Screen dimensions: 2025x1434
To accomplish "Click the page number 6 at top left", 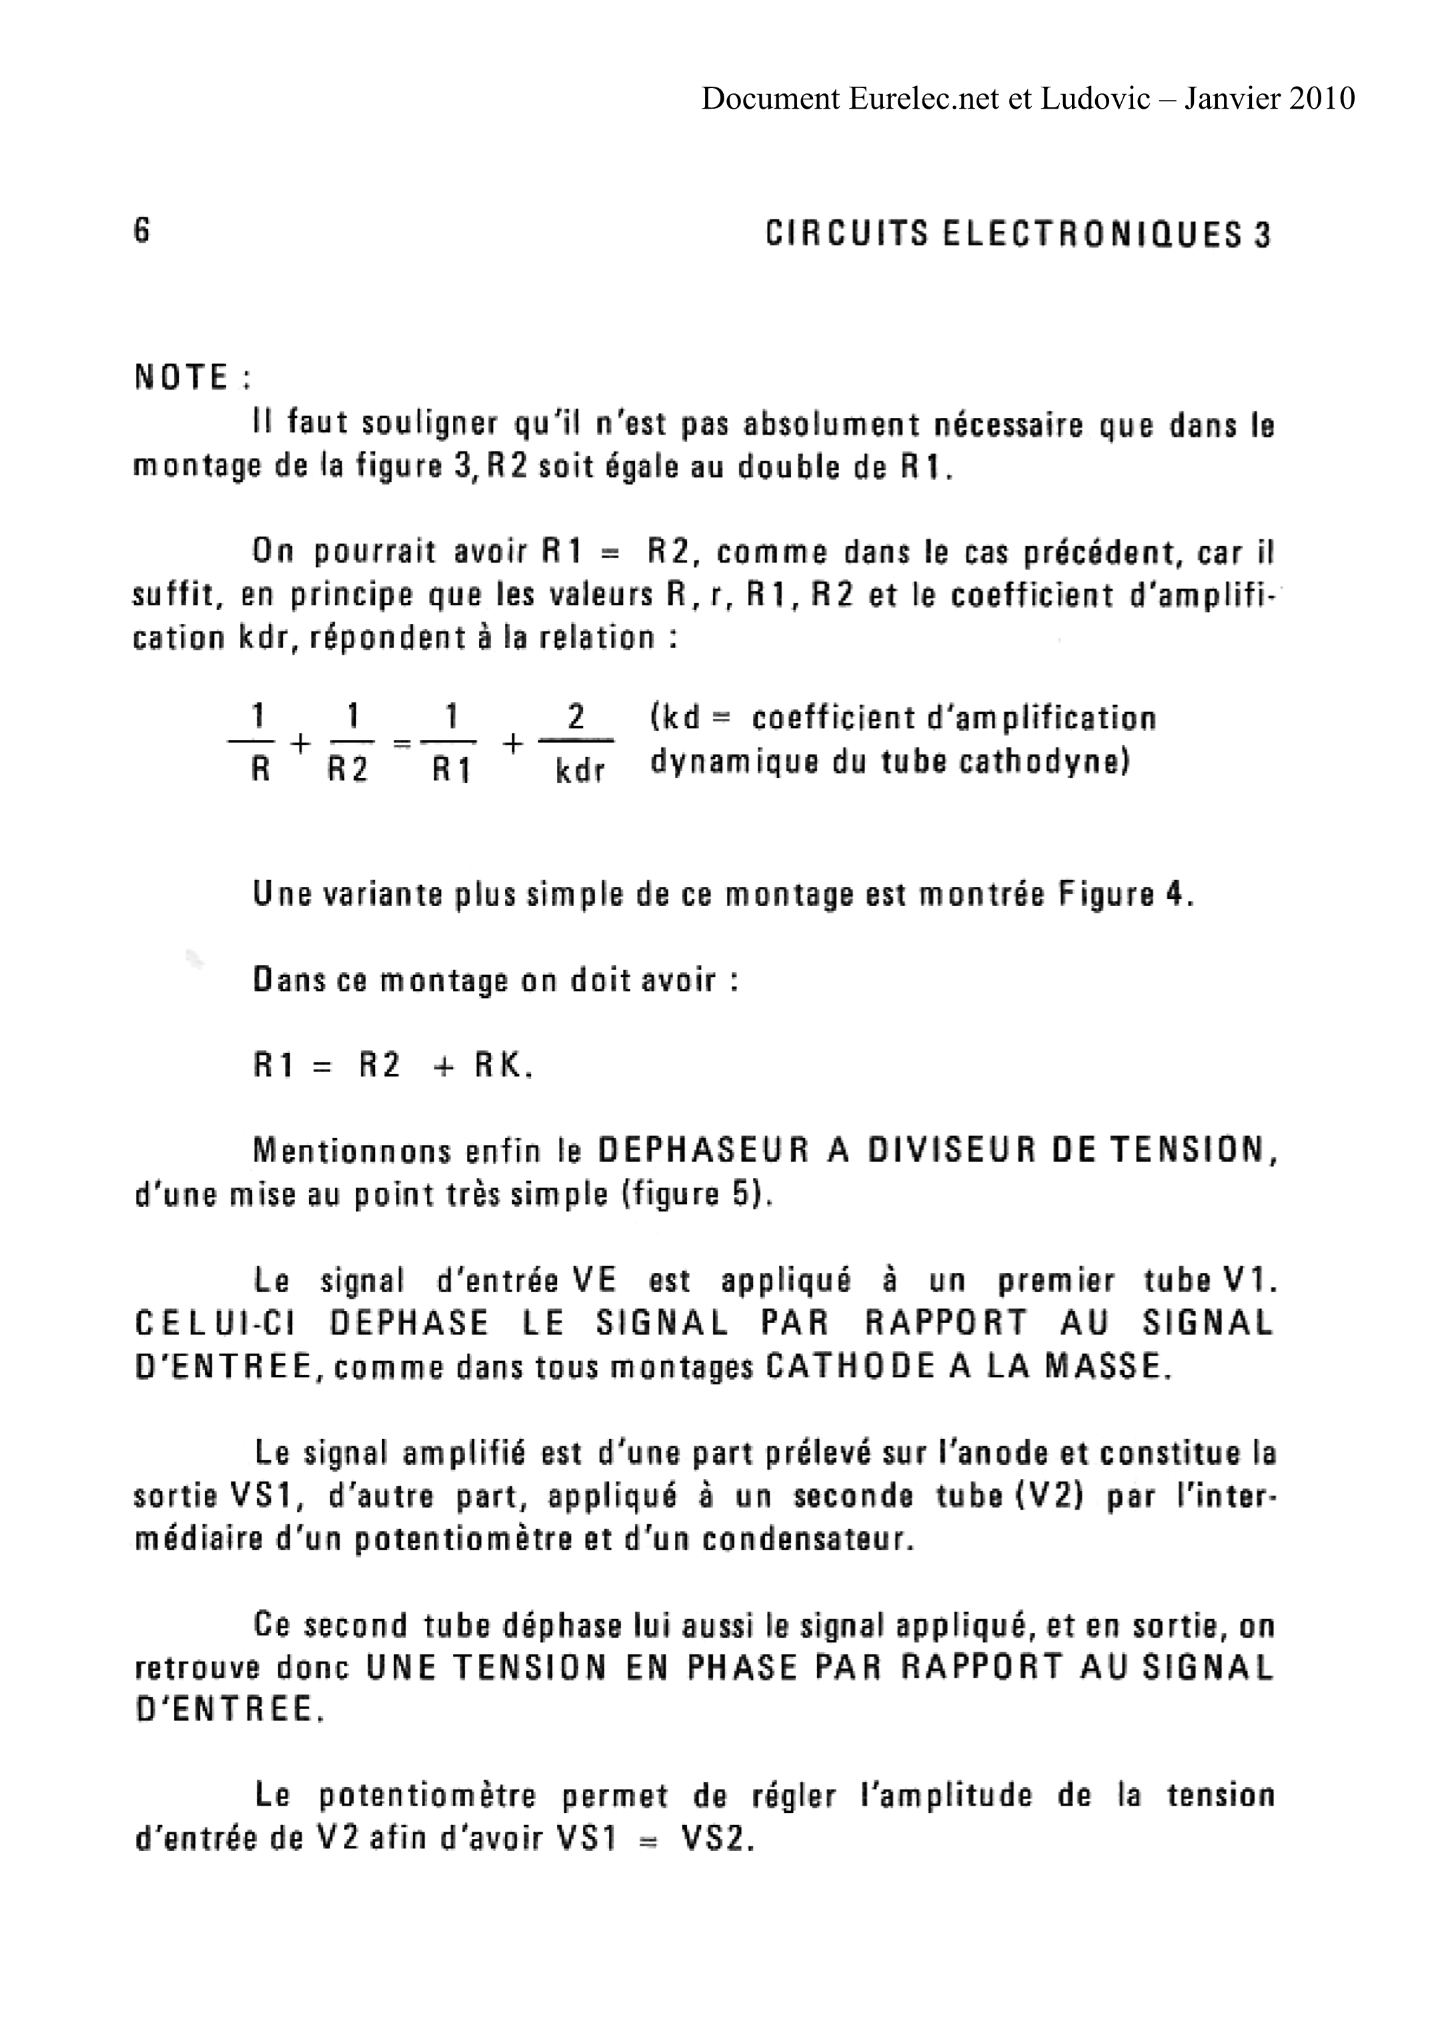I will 142,231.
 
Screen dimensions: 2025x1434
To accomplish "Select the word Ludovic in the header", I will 1095,98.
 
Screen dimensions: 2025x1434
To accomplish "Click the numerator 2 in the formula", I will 576,716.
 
